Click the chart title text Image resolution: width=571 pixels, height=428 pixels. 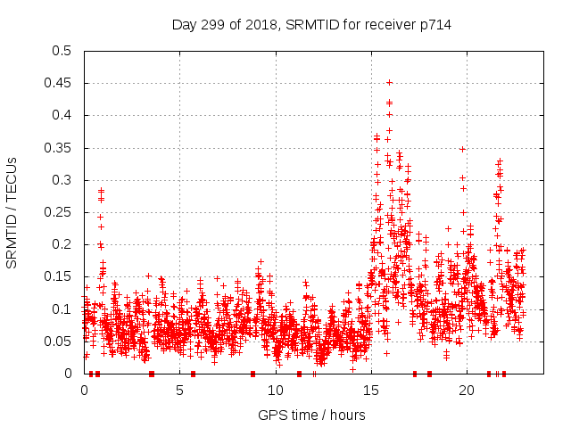311,24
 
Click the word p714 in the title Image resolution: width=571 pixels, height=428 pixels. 434,24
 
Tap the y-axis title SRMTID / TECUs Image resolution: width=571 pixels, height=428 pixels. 12,211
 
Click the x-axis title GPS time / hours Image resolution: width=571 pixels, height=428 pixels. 311,415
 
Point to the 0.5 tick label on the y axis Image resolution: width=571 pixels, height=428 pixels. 61,51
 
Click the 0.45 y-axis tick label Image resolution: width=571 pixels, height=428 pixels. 57,83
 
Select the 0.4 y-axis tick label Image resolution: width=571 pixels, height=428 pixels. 61,115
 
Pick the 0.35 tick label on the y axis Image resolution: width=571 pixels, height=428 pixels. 57,147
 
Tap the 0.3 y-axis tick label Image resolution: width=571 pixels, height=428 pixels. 61,180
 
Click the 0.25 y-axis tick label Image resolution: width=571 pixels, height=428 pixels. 57,212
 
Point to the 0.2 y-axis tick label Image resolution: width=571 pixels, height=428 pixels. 61,244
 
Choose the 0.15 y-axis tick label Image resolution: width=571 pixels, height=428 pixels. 57,276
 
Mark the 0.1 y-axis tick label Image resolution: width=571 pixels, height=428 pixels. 61,309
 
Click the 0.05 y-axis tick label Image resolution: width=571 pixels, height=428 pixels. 57,341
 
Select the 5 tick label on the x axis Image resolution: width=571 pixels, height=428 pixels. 180,390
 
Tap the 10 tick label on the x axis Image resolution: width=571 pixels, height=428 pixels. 276,390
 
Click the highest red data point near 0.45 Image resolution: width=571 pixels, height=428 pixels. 389,82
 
